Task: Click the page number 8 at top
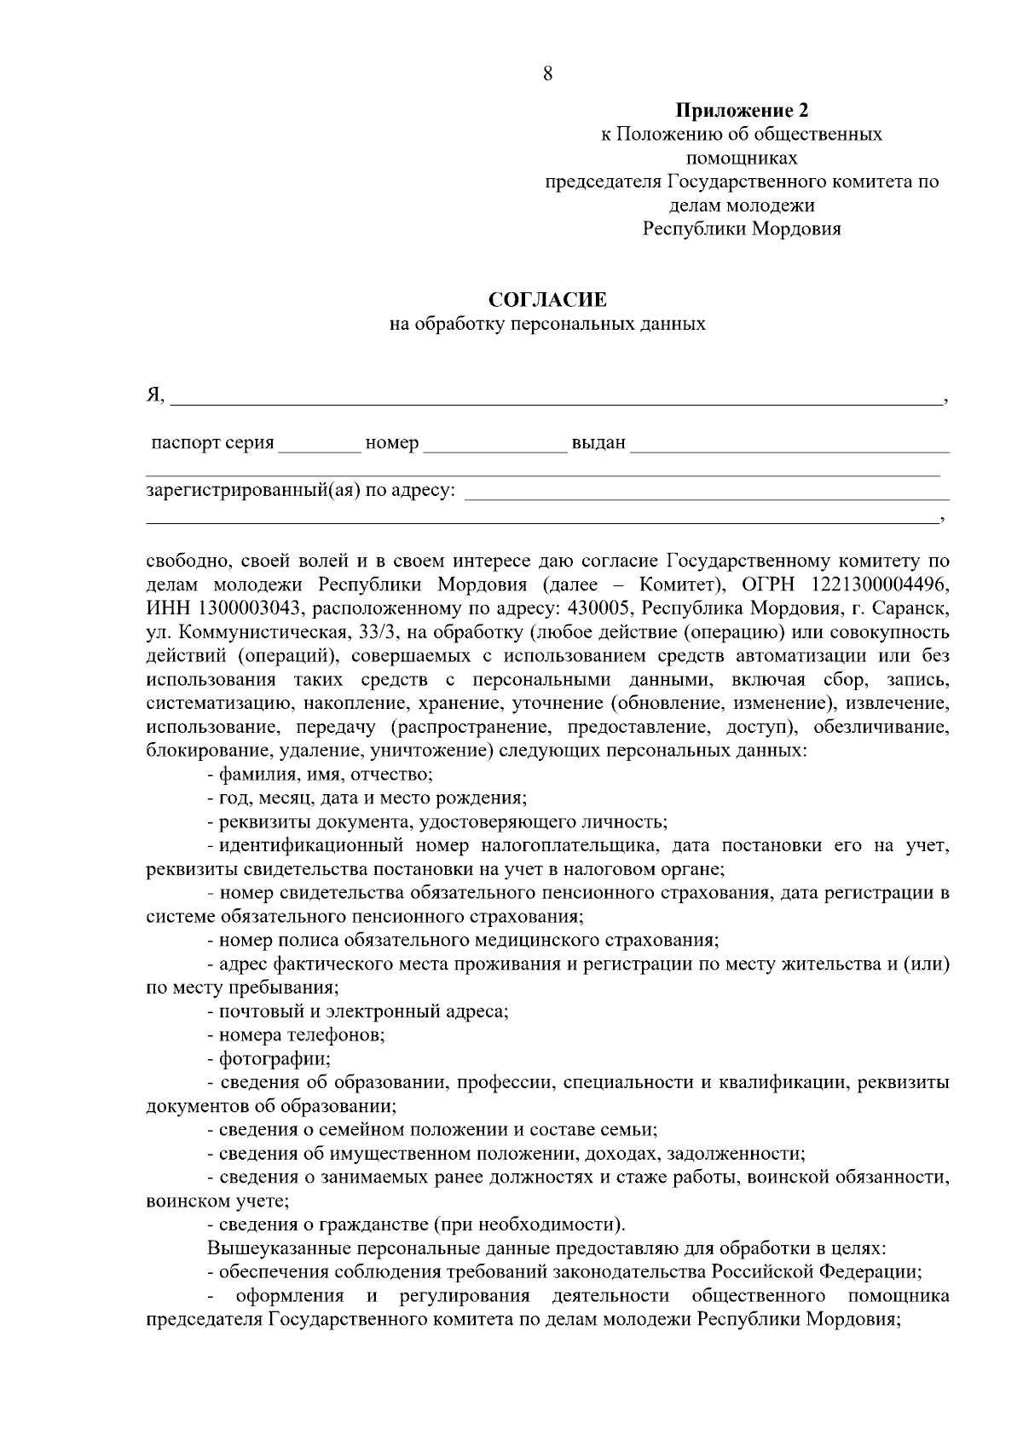(x=547, y=74)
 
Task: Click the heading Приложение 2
(x=742, y=111)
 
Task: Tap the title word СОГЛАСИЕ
(x=547, y=300)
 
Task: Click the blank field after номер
(x=494, y=445)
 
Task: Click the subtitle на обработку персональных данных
(x=547, y=325)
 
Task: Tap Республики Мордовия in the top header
(x=742, y=229)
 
